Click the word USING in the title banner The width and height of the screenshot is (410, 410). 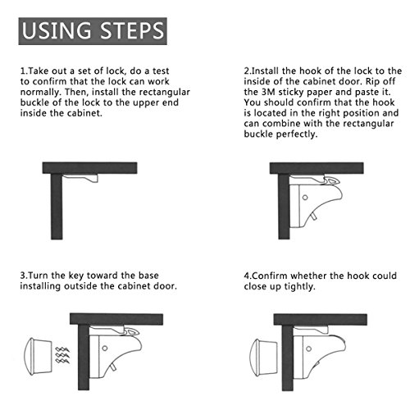tap(56, 30)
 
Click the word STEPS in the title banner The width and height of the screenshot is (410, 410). tap(132, 30)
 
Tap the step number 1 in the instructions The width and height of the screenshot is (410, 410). tap(22, 71)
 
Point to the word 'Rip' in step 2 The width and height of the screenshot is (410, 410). tap(373, 81)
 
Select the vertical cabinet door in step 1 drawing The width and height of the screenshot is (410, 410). tap(57, 207)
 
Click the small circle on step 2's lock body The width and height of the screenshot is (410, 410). tap(305, 197)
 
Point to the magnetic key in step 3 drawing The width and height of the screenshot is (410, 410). tap(38, 356)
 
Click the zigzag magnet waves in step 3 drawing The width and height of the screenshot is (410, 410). tap(62, 356)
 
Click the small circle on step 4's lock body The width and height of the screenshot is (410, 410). tap(308, 348)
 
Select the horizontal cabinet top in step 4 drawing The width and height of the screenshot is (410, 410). tap(321, 320)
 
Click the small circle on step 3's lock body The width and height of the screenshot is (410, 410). tap(105, 348)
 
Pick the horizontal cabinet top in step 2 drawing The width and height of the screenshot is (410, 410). tap(317, 168)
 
